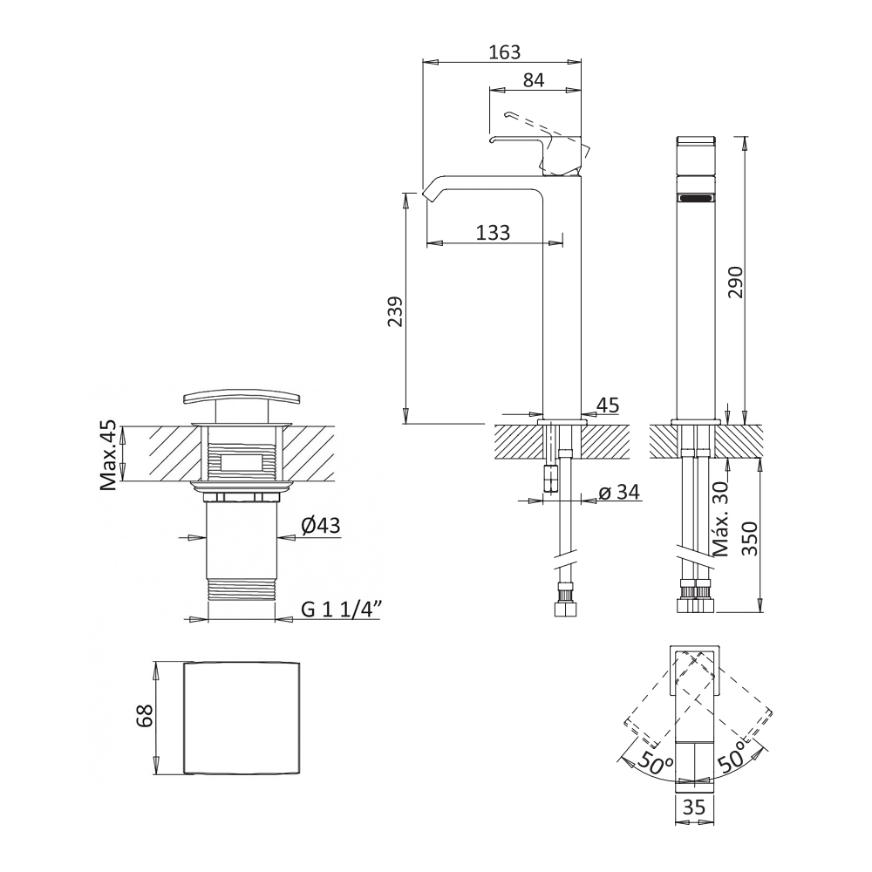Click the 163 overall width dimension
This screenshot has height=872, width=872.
coord(504,51)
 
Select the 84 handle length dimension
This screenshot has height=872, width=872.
coord(534,80)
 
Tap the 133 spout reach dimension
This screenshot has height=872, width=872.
coord(494,232)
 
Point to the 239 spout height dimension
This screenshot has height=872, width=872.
coord(395,311)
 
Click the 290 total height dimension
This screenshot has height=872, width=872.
coord(735,282)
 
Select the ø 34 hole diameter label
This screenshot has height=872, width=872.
coord(619,492)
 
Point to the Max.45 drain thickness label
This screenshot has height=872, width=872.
coord(109,456)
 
